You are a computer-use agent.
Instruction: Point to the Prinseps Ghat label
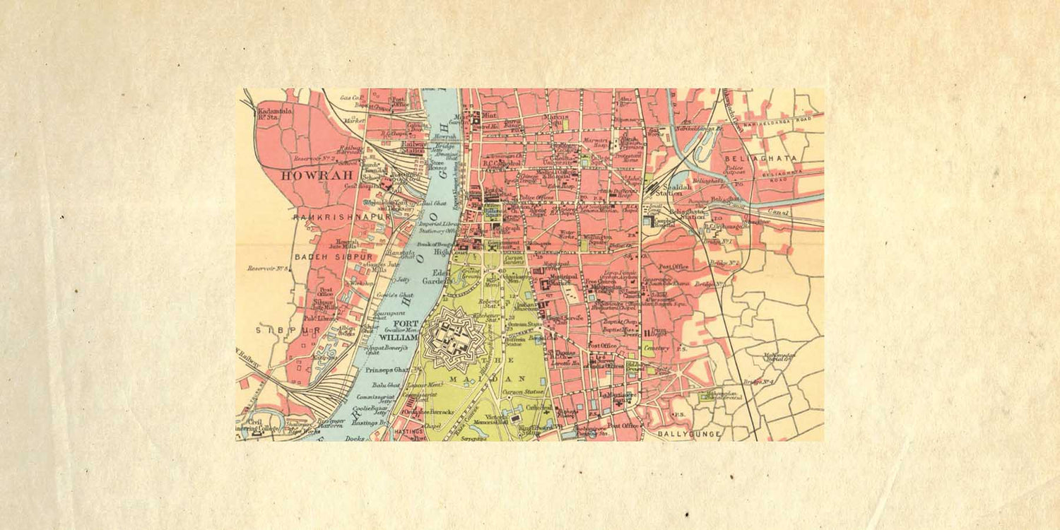click(x=387, y=370)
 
